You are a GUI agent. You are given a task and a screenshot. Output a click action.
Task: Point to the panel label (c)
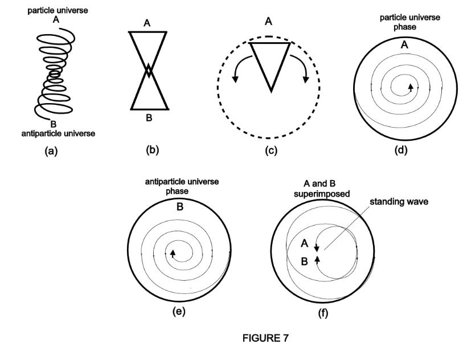pyautogui.click(x=268, y=152)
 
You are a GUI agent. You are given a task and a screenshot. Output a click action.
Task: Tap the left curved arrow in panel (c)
pyautogui.click(x=237, y=68)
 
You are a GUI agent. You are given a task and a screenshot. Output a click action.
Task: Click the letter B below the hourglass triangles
pyautogui.click(x=149, y=118)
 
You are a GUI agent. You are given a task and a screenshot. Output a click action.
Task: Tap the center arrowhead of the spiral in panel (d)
pyautogui.click(x=409, y=87)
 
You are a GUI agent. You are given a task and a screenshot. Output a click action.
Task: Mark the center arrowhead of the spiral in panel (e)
pyautogui.click(x=173, y=253)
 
